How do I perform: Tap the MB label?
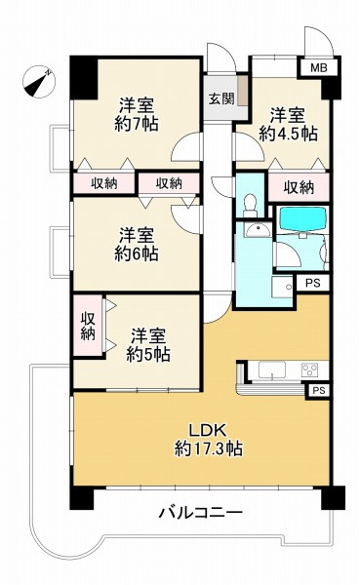tap(317, 68)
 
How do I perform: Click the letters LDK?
tap(208, 429)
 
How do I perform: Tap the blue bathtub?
tap(303, 219)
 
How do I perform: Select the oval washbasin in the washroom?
tap(259, 230)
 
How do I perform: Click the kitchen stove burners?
tap(309, 369)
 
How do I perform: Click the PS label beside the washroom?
tap(311, 283)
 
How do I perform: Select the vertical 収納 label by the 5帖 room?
tap(88, 327)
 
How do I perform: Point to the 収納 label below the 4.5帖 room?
tap(300, 187)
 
